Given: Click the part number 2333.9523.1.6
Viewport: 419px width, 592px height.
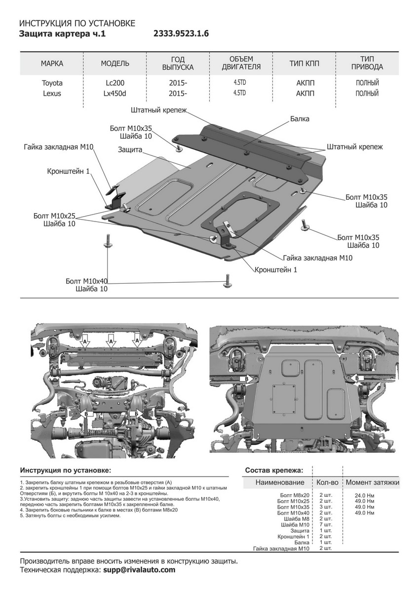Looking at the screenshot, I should (182, 34).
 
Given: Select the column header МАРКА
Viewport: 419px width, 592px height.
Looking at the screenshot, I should (52, 64).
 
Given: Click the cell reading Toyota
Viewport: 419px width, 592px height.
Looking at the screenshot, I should (52, 83).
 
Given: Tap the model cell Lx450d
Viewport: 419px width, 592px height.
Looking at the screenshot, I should (115, 93).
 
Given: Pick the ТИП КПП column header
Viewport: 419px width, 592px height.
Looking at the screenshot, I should (304, 64).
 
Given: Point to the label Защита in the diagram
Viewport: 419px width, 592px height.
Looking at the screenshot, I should (130, 149).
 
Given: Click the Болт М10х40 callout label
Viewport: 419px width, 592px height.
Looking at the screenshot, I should (87, 281).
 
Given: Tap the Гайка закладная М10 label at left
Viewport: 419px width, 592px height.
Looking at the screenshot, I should (58, 147).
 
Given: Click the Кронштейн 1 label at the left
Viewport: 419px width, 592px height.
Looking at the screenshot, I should (69, 171).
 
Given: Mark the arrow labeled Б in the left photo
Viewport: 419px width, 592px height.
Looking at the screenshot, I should (135, 412).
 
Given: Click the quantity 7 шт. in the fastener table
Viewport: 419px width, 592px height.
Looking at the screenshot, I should (326, 525).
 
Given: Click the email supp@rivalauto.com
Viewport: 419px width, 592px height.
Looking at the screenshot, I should (139, 570).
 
